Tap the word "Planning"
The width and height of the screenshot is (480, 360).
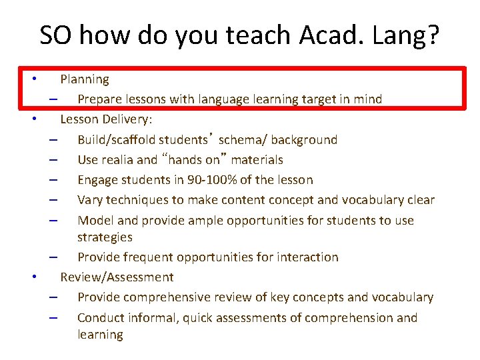click(85, 79)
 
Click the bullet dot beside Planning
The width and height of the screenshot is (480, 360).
click(35, 78)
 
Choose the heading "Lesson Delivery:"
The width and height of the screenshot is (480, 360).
click(106, 119)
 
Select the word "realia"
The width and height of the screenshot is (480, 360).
click(118, 160)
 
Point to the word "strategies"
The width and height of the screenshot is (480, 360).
click(105, 237)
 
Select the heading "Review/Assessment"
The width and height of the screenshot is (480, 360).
click(117, 277)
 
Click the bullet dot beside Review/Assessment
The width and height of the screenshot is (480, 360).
click(35, 276)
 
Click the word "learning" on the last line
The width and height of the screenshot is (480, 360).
click(100, 335)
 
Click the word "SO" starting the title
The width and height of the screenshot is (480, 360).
click(55, 35)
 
